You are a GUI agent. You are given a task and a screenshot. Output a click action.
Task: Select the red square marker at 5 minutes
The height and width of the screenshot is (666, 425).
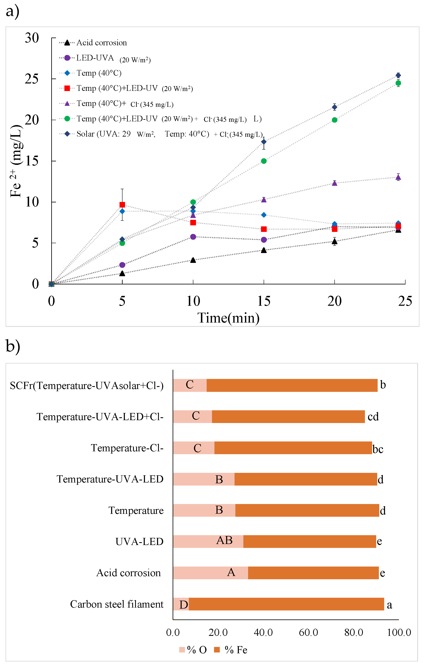(x=122, y=205)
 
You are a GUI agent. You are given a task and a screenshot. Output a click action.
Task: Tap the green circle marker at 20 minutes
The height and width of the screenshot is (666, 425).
(x=335, y=120)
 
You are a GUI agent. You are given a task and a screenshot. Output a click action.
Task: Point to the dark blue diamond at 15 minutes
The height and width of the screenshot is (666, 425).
(x=264, y=142)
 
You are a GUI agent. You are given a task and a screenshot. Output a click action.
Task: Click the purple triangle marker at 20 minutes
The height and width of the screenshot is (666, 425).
(x=335, y=183)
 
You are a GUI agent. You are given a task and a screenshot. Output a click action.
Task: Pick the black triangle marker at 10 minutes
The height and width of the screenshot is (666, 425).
(x=193, y=260)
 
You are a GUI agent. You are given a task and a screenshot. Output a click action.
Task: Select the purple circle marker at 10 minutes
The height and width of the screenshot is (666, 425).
(x=193, y=237)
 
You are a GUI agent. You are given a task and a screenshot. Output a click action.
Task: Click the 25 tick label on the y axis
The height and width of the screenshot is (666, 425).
(x=32, y=79)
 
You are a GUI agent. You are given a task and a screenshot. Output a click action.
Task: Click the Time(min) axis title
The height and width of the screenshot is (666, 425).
(x=228, y=318)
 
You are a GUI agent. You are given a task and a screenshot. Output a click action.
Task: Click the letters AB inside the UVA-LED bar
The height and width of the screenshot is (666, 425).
(x=224, y=541)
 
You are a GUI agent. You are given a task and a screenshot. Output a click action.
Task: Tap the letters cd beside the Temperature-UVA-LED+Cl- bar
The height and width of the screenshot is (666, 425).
(x=373, y=416)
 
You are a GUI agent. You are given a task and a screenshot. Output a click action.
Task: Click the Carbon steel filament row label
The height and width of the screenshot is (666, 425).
(x=117, y=604)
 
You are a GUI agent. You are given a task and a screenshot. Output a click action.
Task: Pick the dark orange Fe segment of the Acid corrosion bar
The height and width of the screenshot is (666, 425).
(x=313, y=573)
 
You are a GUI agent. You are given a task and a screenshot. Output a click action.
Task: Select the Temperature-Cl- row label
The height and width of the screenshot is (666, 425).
(x=127, y=448)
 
